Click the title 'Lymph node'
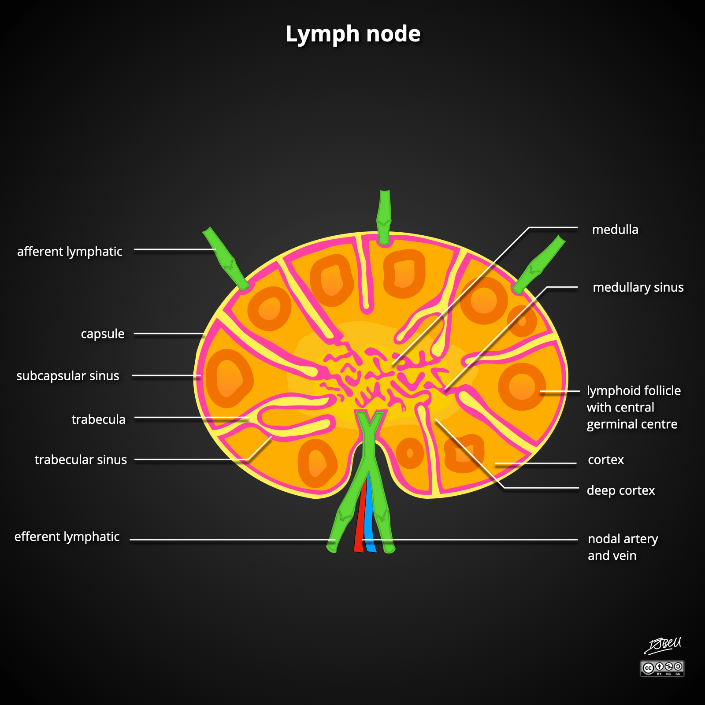click(353, 34)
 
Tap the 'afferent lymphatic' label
click(70, 252)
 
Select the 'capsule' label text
click(102, 334)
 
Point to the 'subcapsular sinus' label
click(68, 376)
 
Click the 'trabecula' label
click(98, 419)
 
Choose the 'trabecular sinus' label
click(81, 460)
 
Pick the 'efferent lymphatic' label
click(67, 537)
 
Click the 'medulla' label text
click(615, 230)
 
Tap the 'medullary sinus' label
click(638, 287)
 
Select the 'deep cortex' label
click(621, 490)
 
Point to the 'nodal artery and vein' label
click(623, 547)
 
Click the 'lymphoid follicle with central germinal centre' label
click(633, 407)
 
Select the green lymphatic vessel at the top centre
click(385, 216)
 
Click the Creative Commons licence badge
click(662, 668)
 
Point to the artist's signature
click(663, 646)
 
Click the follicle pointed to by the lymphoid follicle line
click(522, 387)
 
